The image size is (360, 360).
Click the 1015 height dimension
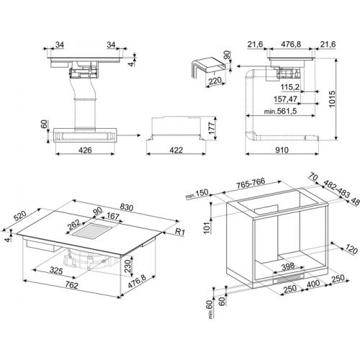click(x=332, y=99)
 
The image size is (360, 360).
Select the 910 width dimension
click(x=282, y=150)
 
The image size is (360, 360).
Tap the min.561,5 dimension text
click(x=280, y=111)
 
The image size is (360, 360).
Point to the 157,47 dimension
click(x=286, y=99)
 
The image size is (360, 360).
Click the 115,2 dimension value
click(x=290, y=87)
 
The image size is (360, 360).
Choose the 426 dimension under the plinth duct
click(x=85, y=150)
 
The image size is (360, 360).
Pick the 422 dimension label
click(x=176, y=150)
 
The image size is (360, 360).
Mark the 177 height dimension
click(x=210, y=129)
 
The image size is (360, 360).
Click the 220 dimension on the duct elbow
click(x=215, y=81)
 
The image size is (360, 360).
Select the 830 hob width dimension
click(x=126, y=207)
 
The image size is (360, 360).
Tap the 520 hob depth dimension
click(x=20, y=216)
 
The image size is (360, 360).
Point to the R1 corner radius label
click(x=179, y=232)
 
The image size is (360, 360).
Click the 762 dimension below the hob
click(x=71, y=285)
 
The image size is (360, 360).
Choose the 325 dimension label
click(x=56, y=271)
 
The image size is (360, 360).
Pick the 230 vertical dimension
click(x=128, y=265)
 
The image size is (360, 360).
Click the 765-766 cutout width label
click(x=251, y=183)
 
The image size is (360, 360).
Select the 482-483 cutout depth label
click(x=336, y=189)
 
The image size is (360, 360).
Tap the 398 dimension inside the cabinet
click(x=288, y=266)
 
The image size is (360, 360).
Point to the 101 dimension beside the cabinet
click(x=208, y=227)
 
